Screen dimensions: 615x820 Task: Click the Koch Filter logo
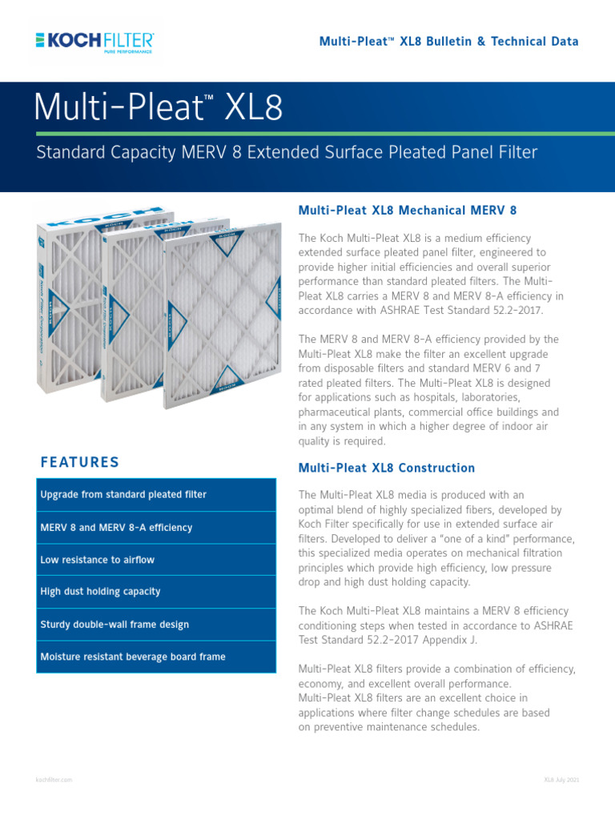(x=95, y=41)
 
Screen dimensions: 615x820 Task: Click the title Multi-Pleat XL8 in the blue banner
(x=158, y=108)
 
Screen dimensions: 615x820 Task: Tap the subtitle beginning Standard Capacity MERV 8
(x=287, y=152)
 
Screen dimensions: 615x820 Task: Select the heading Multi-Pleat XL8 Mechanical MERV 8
(x=408, y=211)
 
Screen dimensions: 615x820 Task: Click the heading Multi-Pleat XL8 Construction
(x=386, y=468)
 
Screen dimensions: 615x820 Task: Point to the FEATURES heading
(x=79, y=462)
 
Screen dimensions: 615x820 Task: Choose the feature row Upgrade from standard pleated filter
(x=156, y=495)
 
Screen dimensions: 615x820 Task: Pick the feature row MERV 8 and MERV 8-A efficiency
(x=156, y=528)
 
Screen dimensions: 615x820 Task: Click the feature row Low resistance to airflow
(x=156, y=560)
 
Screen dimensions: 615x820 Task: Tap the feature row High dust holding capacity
(x=156, y=592)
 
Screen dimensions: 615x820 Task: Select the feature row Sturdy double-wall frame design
(x=156, y=625)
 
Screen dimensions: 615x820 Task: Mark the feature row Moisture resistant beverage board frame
(x=156, y=657)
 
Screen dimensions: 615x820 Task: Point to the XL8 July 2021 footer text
(x=561, y=779)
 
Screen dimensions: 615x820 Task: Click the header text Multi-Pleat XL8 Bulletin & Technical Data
(x=448, y=41)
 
